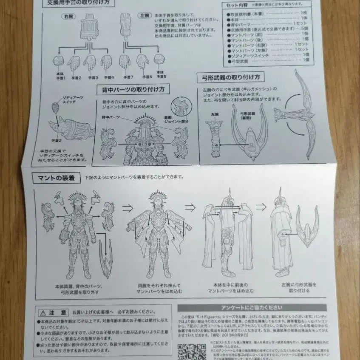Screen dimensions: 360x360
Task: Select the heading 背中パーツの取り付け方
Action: click(133, 89)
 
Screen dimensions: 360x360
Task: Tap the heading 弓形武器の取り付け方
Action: click(231, 77)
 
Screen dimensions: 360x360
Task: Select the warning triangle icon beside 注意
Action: click(43, 312)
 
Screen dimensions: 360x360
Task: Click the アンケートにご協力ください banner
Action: click(252, 308)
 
